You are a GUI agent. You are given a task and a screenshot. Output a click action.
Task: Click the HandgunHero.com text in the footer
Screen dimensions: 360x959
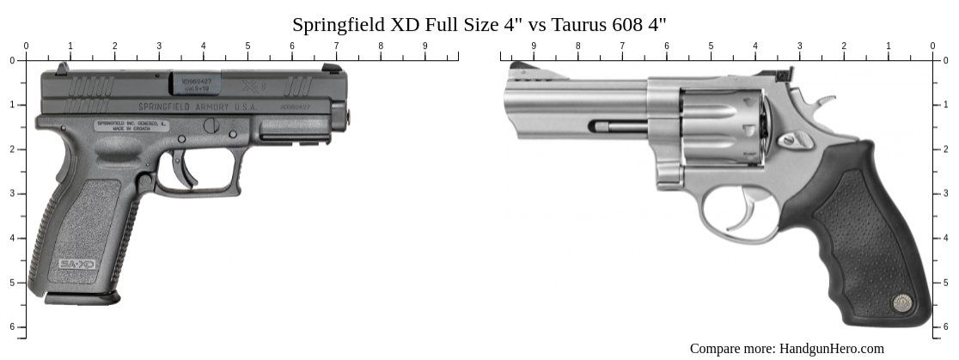tap(831, 348)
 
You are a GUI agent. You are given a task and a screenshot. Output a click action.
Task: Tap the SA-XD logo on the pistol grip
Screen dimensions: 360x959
tap(77, 265)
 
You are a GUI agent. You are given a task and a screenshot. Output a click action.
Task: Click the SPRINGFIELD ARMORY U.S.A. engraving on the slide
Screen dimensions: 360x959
tap(198, 107)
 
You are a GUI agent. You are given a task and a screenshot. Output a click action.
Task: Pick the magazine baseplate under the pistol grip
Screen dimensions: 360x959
tap(82, 297)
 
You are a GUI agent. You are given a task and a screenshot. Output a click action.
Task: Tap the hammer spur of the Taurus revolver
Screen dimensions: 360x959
tap(822, 102)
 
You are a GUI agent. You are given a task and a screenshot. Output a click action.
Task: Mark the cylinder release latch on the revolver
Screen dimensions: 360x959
tap(791, 138)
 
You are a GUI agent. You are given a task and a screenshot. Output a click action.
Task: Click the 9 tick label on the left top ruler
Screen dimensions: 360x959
tap(425, 46)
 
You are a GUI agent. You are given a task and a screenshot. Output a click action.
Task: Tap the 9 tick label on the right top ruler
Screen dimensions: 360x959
tap(534, 46)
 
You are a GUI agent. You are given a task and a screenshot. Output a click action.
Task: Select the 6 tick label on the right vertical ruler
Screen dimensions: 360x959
tap(946, 326)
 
